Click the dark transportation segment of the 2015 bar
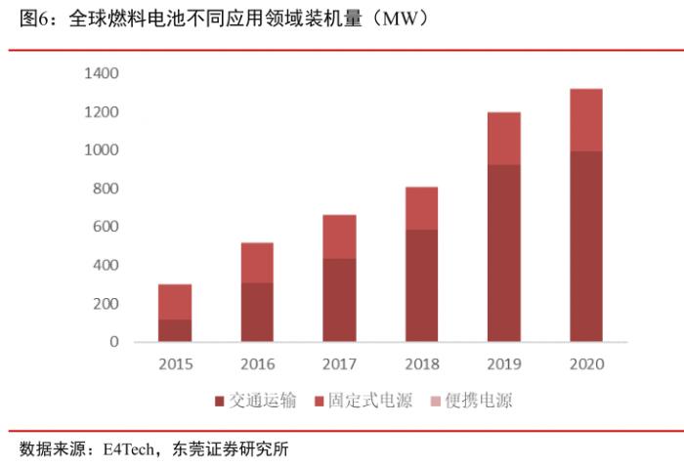point(175,330)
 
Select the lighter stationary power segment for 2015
point(175,302)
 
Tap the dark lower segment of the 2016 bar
point(257,312)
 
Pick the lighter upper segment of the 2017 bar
point(339,236)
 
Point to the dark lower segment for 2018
point(421,285)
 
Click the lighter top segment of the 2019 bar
point(503,139)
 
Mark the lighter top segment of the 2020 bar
point(585,120)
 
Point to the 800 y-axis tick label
point(106,189)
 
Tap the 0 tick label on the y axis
point(113,342)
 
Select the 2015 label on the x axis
point(175,364)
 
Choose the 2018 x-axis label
point(421,364)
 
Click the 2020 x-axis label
point(585,364)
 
